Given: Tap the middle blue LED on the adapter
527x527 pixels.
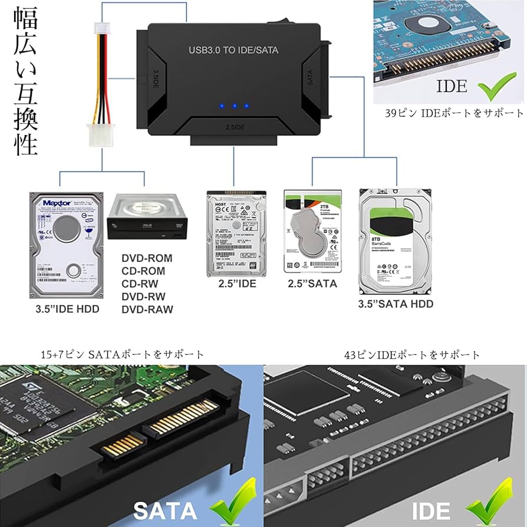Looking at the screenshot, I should pos(234,107).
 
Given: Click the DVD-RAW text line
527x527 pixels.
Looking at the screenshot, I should pos(147,309).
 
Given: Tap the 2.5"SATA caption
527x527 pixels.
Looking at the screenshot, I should pos(312,284).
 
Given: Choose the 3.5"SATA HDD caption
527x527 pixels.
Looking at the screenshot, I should pos(396,304).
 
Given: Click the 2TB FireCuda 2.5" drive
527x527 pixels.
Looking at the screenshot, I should pos(312,231).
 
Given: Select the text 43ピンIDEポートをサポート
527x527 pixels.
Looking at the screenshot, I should pos(413,355).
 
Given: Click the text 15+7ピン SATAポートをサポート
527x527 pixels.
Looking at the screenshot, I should pos(123,355).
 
